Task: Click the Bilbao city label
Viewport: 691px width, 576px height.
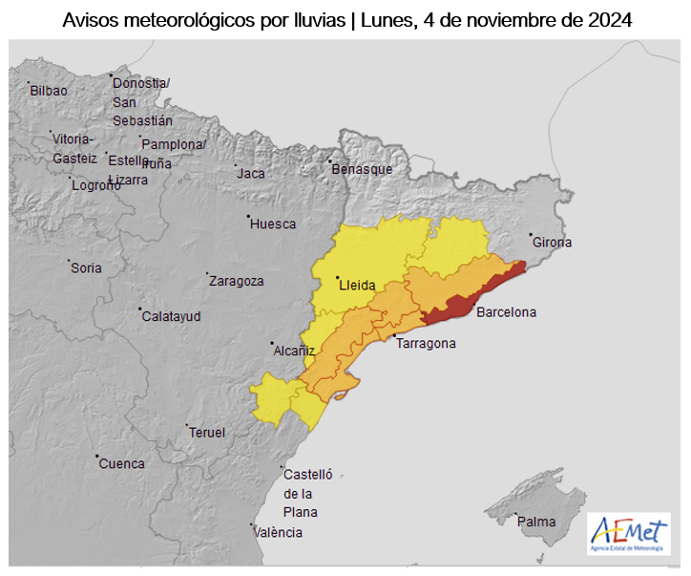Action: pyautogui.click(x=49, y=91)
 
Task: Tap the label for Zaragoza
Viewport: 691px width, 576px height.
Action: pyautogui.click(x=237, y=282)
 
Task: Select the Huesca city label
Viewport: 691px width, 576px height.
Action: pyautogui.click(x=273, y=224)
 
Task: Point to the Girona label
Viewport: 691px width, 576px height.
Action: pyautogui.click(x=553, y=243)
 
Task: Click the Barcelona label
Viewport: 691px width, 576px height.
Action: pyautogui.click(x=506, y=312)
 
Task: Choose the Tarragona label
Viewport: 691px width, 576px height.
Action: pyautogui.click(x=426, y=344)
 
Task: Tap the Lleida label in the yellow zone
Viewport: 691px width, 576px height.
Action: pyautogui.click(x=356, y=286)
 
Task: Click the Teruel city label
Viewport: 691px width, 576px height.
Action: pyautogui.click(x=207, y=433)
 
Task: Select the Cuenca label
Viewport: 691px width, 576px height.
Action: pyautogui.click(x=123, y=464)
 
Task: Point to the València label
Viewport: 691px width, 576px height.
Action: pyautogui.click(x=279, y=533)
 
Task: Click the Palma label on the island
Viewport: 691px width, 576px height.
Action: pyautogui.click(x=536, y=523)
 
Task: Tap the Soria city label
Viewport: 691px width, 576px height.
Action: pyautogui.click(x=86, y=268)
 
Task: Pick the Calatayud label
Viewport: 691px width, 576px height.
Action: pyautogui.click(x=171, y=316)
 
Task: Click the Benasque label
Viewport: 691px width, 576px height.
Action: pyautogui.click(x=362, y=169)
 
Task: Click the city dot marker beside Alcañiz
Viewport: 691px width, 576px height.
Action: pyautogui.click(x=272, y=343)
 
